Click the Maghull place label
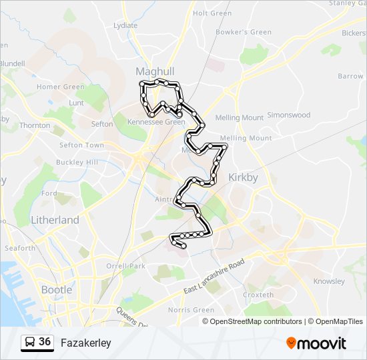pyautogui.click(x=155, y=71)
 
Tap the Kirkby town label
pyautogui.click(x=243, y=178)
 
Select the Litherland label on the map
pyautogui.click(x=55, y=220)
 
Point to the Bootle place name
pyautogui.click(x=57, y=290)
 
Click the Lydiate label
pyautogui.click(x=125, y=25)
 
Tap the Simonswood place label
pyautogui.click(x=288, y=115)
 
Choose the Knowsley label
pyautogui.click(x=328, y=281)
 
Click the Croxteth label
pyautogui.click(x=258, y=295)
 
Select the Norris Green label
pyautogui.click(x=192, y=310)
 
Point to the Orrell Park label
pyautogui.click(x=125, y=266)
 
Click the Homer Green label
pyautogui.click(x=61, y=87)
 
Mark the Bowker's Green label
pyautogui.click(x=244, y=32)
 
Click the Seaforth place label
pyautogui.click(x=20, y=248)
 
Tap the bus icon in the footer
pyautogui.click(x=29, y=343)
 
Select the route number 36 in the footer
pyautogui.click(x=45, y=342)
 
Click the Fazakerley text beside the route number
pyautogui.click(x=85, y=343)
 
